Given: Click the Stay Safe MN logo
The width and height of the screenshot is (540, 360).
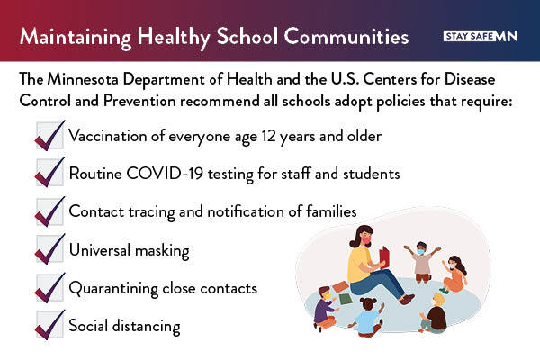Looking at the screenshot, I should pos(481,36).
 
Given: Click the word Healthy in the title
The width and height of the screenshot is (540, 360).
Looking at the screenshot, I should pos(190,38).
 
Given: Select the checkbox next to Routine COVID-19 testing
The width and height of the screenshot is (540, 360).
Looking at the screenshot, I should pos(49,173).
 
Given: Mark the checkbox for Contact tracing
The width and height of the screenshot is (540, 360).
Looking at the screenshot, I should pos(49,211).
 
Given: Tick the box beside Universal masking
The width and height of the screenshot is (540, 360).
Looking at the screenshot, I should pos(49,250).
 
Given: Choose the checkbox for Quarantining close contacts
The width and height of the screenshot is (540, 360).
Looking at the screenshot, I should pos(49,288).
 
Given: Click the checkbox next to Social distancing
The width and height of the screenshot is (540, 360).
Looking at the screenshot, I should pos(49,325).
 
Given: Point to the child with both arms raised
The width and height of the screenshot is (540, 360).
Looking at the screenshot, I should pos(422,260).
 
